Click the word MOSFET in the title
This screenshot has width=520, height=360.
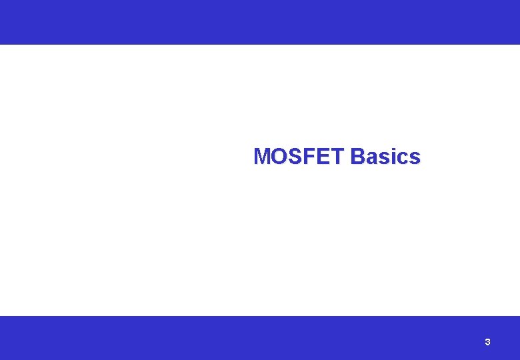299,156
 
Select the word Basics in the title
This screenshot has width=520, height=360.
385,156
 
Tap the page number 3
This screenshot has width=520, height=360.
487,342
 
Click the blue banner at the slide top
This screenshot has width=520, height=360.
260,22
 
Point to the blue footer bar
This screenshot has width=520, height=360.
260,337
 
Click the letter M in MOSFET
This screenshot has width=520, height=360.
262,156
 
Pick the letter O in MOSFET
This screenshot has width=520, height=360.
279,156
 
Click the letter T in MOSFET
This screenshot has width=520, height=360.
337,156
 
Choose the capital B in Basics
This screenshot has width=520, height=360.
357,156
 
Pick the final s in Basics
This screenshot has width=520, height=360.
414,158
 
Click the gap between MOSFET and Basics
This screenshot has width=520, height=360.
347,156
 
